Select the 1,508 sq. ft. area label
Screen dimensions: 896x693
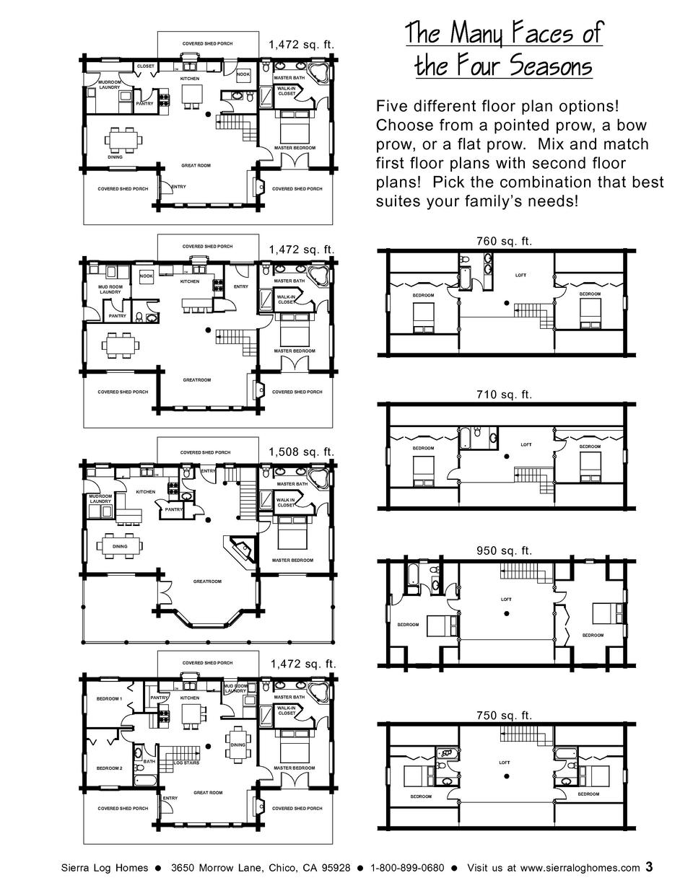point(302,452)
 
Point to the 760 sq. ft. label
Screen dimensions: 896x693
point(504,242)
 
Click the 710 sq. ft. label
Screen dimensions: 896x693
point(504,395)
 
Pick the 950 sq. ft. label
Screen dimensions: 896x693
point(504,551)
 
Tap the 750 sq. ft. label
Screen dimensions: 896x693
point(504,716)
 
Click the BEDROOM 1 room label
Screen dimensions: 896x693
point(110,699)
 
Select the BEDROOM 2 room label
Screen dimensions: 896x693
point(110,768)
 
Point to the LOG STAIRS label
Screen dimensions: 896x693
point(187,763)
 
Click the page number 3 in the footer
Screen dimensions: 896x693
point(650,866)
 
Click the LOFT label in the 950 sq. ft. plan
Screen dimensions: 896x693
point(507,599)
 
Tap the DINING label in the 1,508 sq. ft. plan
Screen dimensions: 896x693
point(120,546)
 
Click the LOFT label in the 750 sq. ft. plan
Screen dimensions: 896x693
point(504,763)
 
